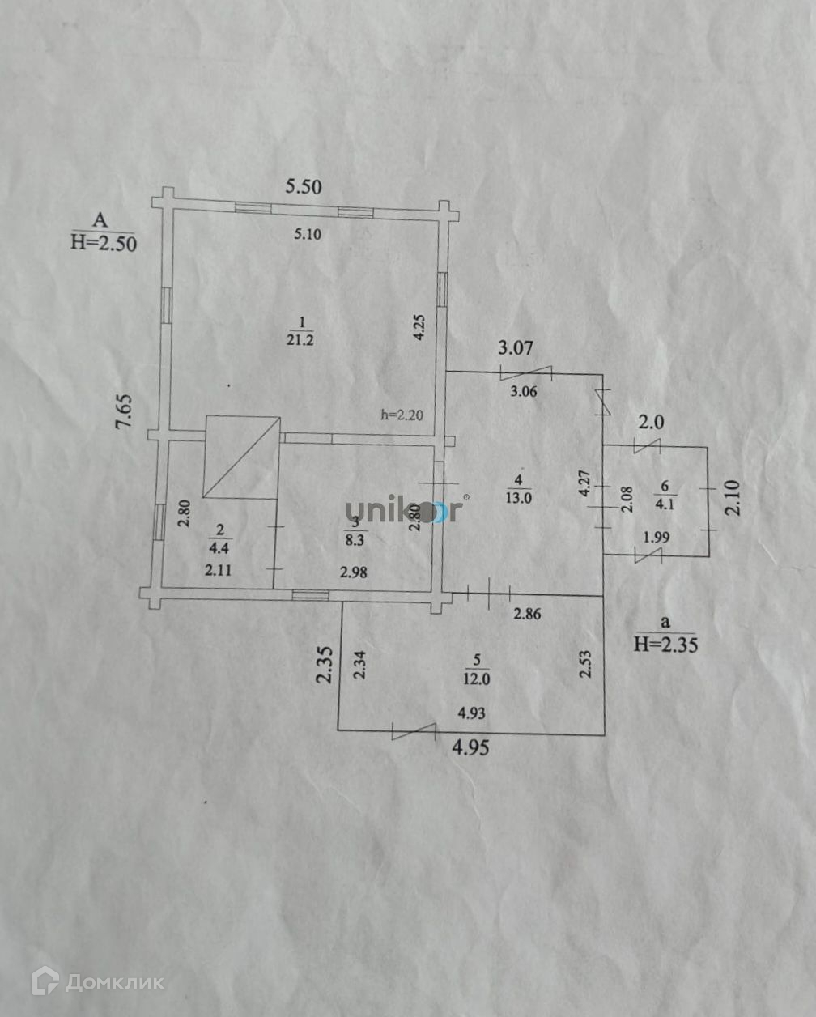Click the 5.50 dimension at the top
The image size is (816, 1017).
pos(303,187)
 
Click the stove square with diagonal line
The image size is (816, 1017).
pos(242,457)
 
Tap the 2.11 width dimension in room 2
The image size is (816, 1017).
pos(219,570)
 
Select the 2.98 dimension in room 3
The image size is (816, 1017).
pos(354,572)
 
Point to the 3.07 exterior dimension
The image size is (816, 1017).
pos(516,349)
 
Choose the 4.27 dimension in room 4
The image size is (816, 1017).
pos(584,483)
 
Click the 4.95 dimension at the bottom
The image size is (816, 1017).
pos(470,748)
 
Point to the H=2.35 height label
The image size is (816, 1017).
pos(666,644)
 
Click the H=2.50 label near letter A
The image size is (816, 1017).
pos(104,241)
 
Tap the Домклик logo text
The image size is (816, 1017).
pos(114,982)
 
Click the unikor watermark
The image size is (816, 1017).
pos(405,510)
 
